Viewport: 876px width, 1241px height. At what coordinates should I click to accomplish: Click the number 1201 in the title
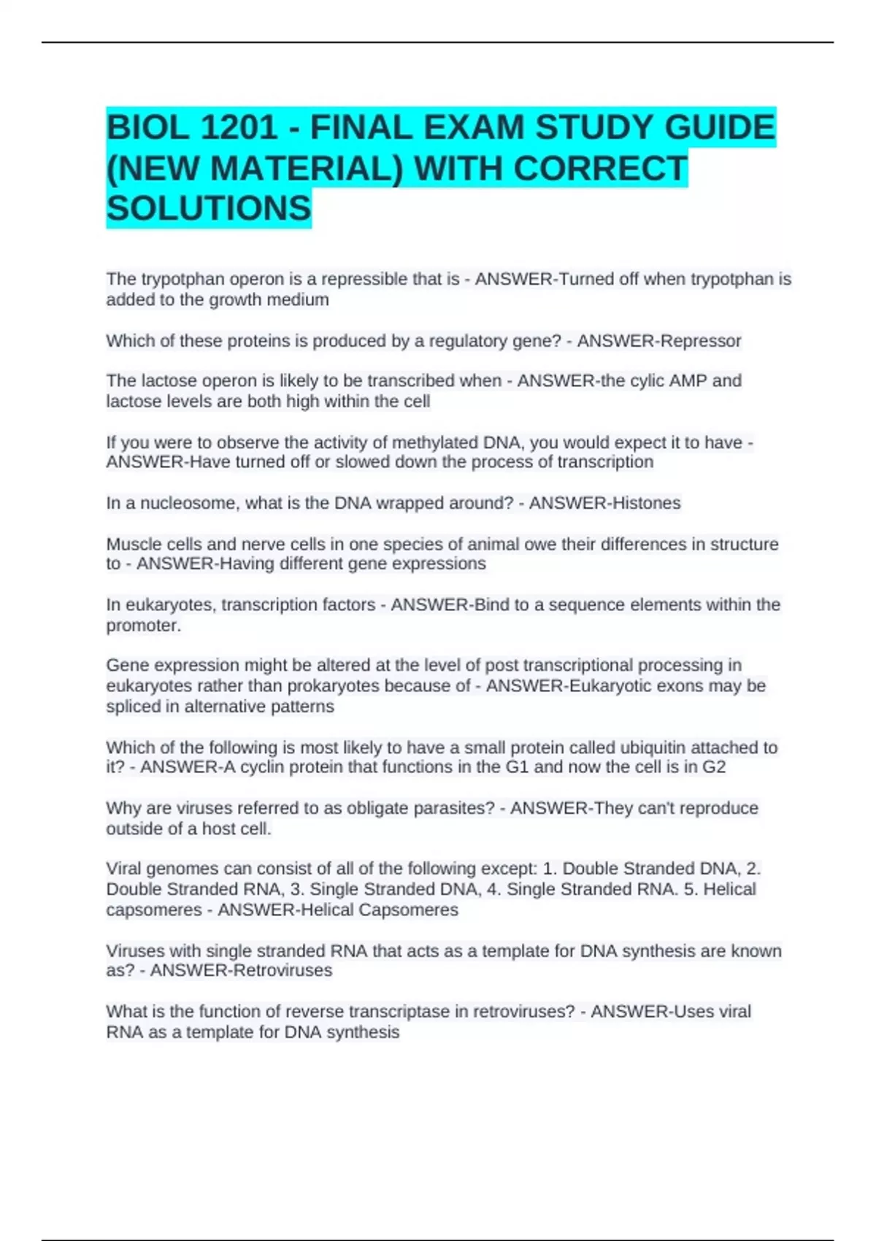coord(238,128)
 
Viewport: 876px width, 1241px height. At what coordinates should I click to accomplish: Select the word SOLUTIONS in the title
coord(209,209)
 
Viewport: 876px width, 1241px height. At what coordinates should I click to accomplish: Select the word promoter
coord(143,626)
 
